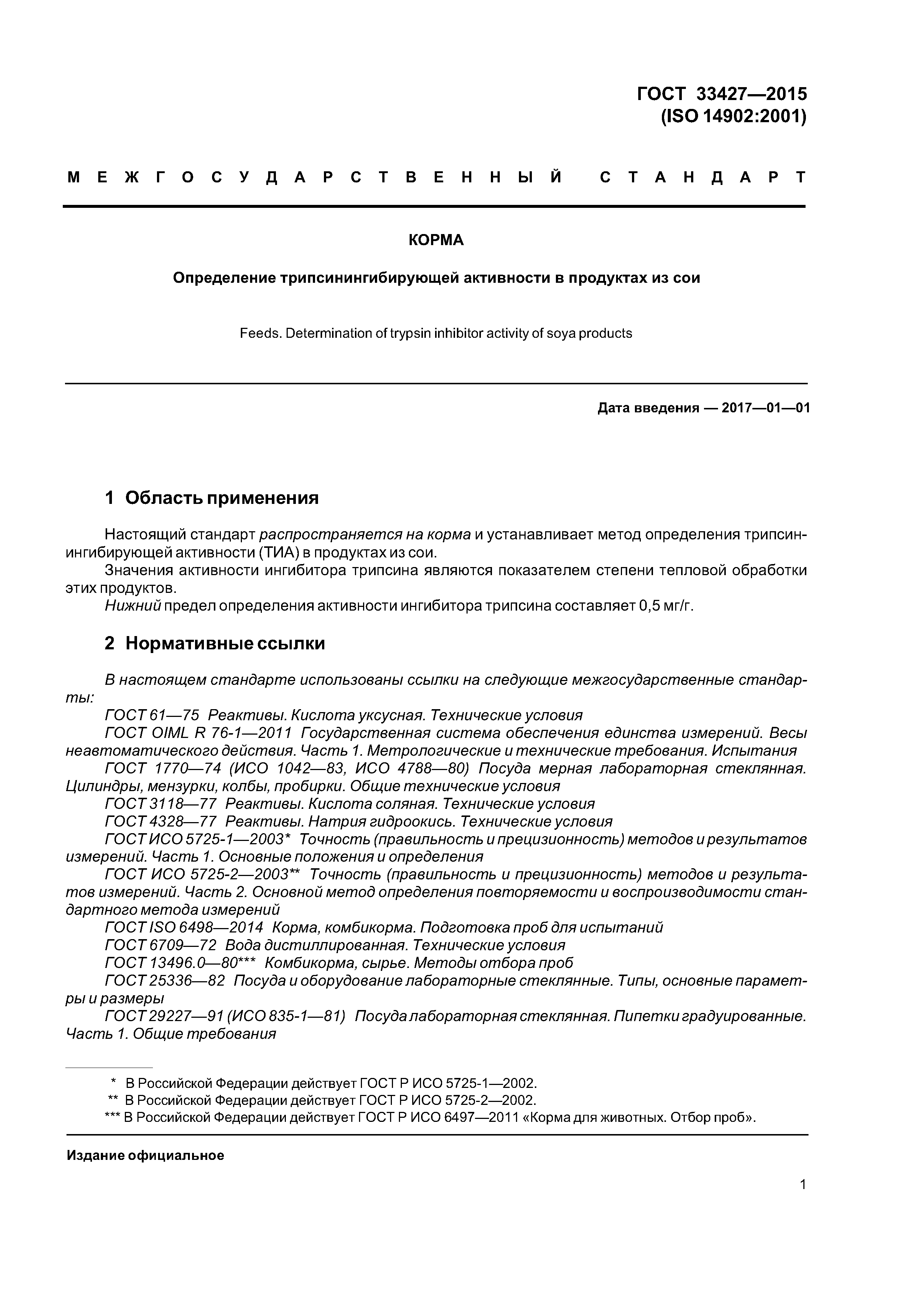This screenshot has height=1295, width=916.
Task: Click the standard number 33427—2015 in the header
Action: [x=751, y=94]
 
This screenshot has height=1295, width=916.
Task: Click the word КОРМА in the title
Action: [x=436, y=241]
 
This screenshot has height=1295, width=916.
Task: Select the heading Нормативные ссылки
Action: [x=225, y=643]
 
